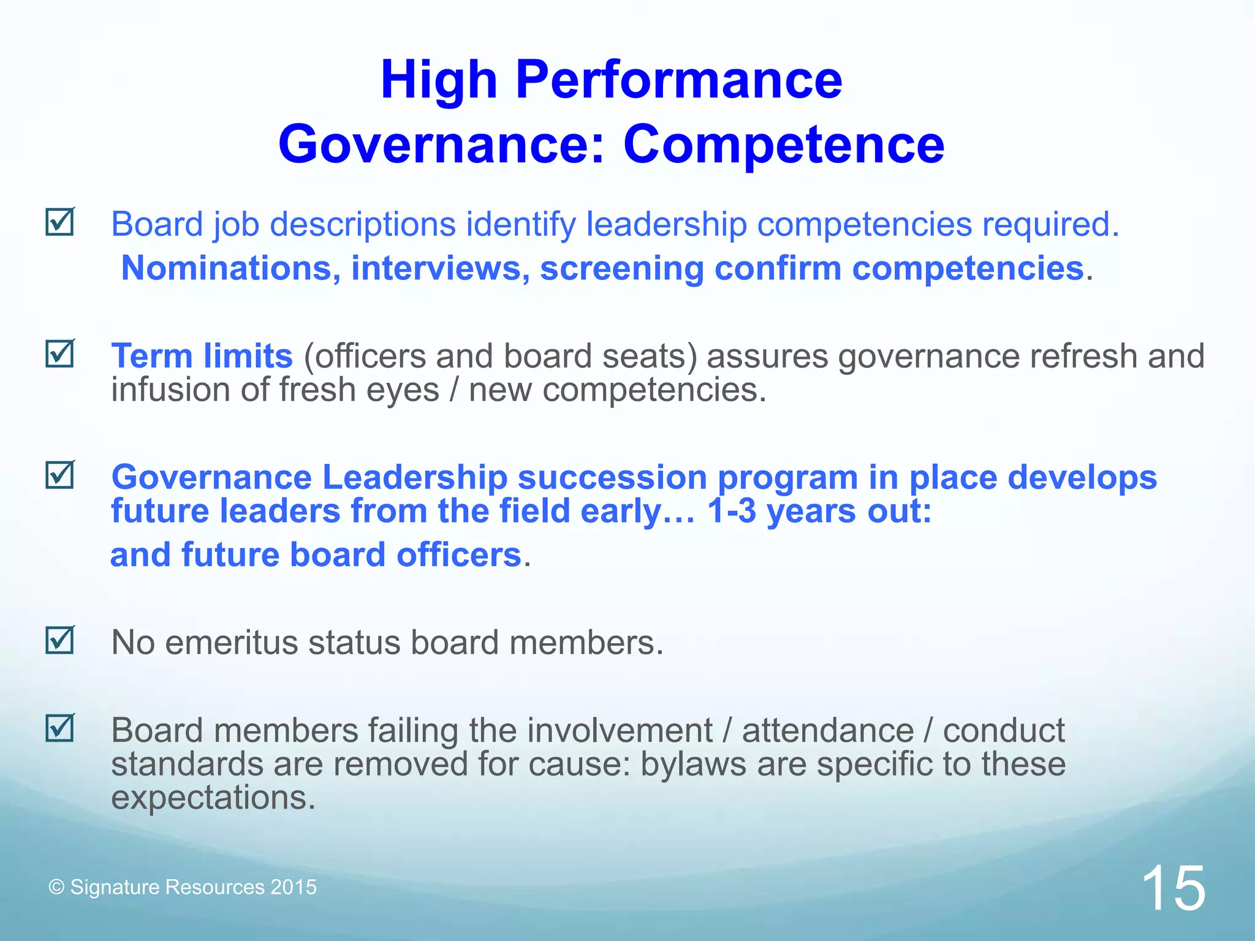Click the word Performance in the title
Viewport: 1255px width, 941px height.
coord(679,80)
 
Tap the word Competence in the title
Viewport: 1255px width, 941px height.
coord(784,145)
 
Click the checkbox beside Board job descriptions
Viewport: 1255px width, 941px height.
coord(60,222)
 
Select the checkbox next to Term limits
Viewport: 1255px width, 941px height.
coord(60,354)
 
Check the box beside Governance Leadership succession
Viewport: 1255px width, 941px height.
coord(60,475)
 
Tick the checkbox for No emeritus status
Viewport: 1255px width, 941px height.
coord(60,640)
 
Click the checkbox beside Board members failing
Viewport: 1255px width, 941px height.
coord(60,728)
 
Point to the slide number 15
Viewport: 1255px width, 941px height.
coord(1173,888)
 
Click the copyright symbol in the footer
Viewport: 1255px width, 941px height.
coord(56,888)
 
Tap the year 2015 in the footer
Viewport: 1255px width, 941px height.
coord(294,887)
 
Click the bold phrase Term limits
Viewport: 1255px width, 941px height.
coord(202,356)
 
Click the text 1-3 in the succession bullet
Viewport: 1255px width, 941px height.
coord(731,511)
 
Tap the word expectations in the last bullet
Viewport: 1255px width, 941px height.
coord(213,798)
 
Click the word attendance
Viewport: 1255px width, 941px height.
coord(828,730)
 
